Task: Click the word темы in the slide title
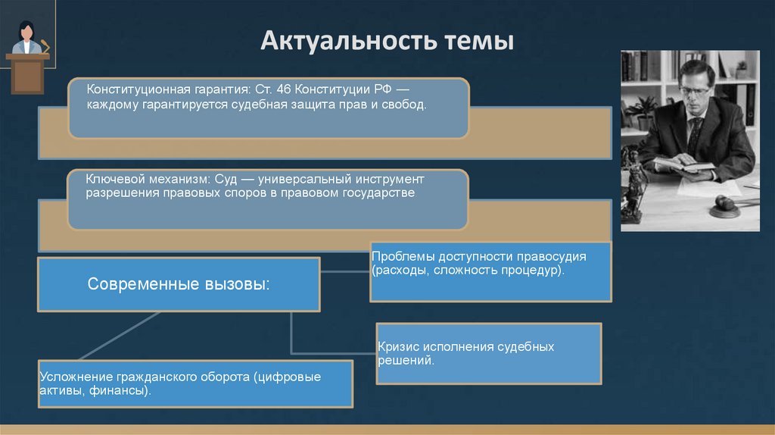click(480, 40)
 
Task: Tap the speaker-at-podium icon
click(28, 57)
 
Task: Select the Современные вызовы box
click(179, 284)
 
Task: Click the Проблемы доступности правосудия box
click(490, 271)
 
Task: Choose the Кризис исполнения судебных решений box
click(489, 353)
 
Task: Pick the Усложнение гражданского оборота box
click(195, 383)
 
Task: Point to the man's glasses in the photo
click(694, 90)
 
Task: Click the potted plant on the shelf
click(643, 111)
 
